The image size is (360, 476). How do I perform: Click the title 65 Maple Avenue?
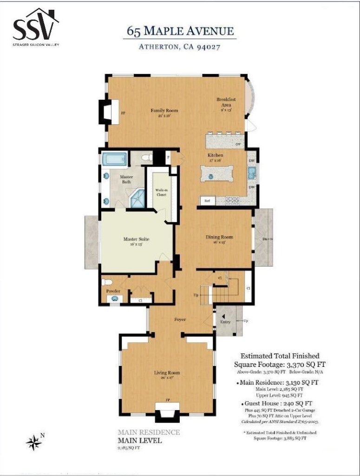(180, 31)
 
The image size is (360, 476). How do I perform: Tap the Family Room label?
(164, 111)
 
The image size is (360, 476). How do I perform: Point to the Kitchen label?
(215, 155)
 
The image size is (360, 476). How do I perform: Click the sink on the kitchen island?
(211, 176)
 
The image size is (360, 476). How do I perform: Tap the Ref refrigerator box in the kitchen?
(207, 201)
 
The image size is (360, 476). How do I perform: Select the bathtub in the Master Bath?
(114, 159)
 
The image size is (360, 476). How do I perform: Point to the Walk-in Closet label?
(161, 192)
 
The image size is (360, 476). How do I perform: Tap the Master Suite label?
(136, 239)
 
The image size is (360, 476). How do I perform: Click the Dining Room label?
(219, 237)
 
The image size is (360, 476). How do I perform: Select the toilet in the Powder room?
(106, 282)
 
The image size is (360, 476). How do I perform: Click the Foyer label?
(180, 320)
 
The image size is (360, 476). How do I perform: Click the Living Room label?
(167, 373)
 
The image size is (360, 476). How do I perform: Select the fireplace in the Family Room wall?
(105, 112)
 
